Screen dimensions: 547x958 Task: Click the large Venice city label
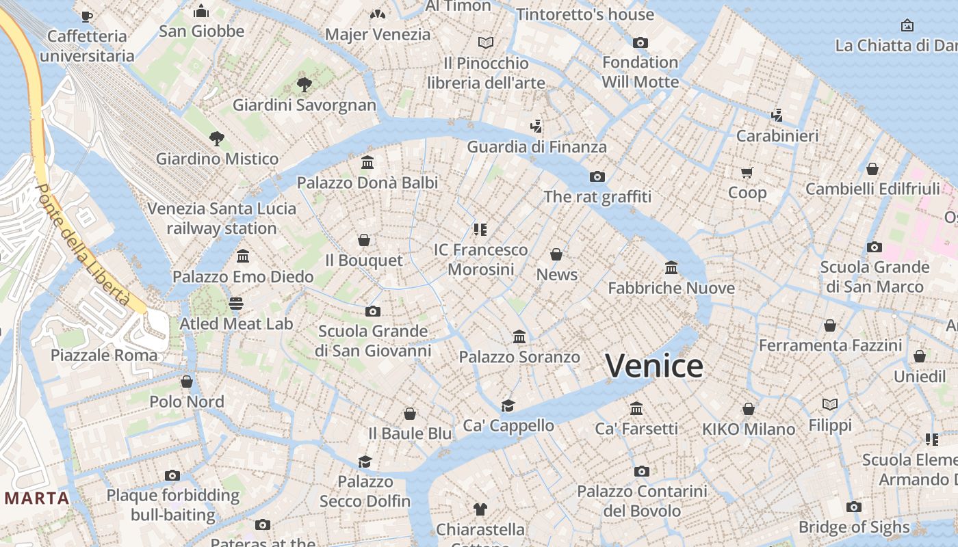tap(654, 366)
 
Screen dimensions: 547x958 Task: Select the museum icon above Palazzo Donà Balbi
tap(367, 163)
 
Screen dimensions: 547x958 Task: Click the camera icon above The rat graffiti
tap(597, 177)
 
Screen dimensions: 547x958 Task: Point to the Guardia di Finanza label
tap(536, 147)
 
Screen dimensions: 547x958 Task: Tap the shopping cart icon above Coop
tap(747, 172)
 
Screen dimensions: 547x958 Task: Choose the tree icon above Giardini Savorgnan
tap(305, 85)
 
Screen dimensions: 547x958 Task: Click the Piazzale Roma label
tap(104, 356)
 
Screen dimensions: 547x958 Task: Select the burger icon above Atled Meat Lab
tap(236, 303)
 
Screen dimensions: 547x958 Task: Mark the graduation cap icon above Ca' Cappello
tap(508, 405)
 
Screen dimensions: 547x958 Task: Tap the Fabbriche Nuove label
tap(671, 289)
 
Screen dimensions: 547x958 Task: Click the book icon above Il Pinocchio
tap(486, 42)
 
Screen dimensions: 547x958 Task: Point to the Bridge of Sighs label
tap(854, 527)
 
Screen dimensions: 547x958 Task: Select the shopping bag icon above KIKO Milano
tap(749, 409)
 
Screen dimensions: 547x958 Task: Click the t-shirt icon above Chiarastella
tap(480, 509)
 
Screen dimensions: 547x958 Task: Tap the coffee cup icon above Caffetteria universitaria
tap(86, 16)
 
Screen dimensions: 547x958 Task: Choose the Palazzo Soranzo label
tap(519, 357)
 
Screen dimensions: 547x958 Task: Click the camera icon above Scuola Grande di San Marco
tap(874, 247)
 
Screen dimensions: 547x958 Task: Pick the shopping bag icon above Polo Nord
tap(186, 382)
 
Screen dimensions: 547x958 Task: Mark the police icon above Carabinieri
tap(777, 115)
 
